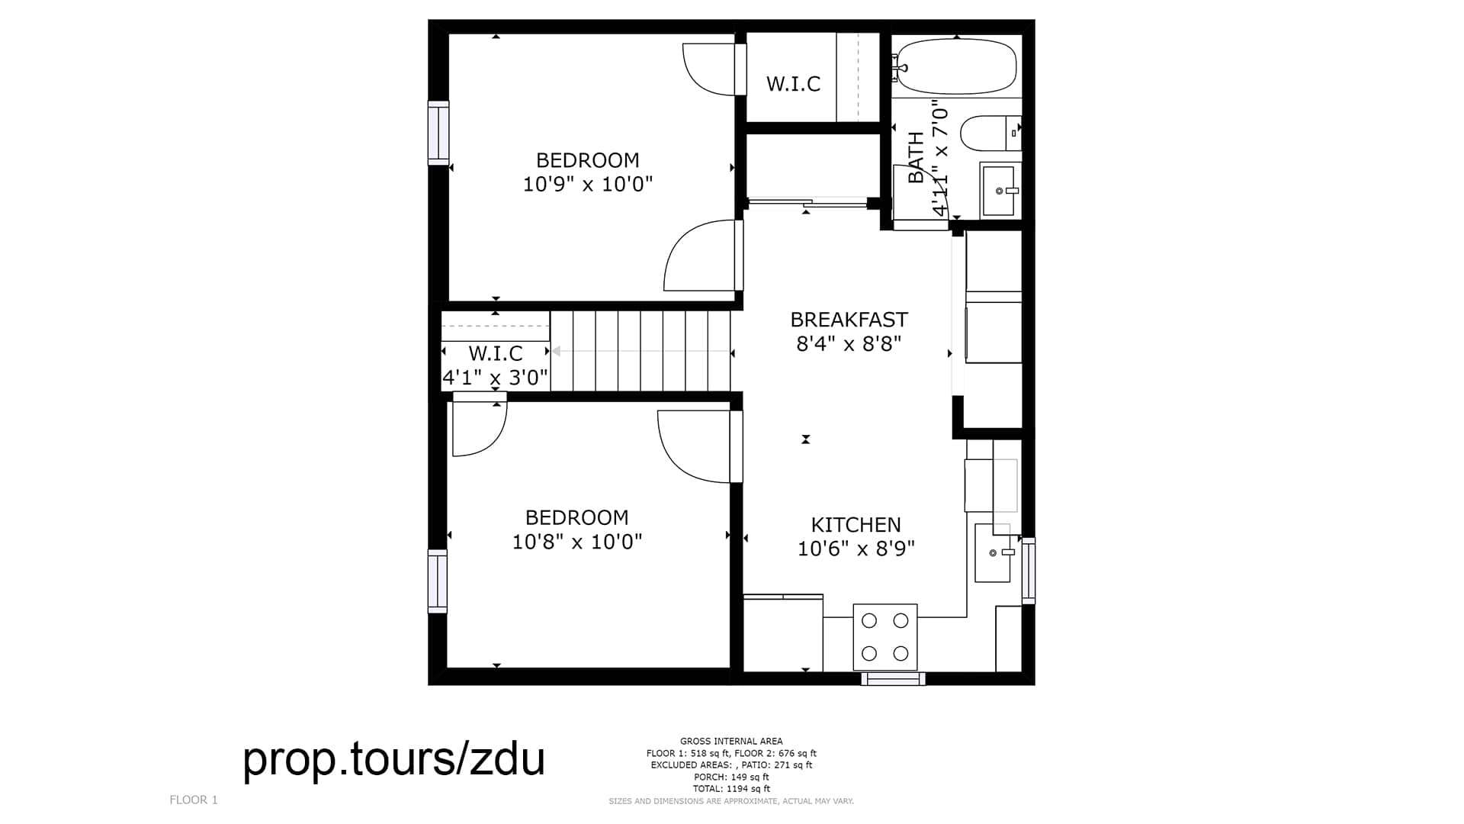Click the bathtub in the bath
point(956,66)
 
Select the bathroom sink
point(998,191)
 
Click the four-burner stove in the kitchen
point(884,636)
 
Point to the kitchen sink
point(994,553)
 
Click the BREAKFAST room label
point(849,320)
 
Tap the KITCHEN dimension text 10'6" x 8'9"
point(856,549)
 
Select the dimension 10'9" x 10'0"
point(587,184)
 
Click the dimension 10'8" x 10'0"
point(576,542)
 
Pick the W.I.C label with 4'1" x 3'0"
point(496,354)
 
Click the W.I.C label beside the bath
point(793,84)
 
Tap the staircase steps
point(640,351)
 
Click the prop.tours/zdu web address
point(393,759)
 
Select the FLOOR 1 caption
point(194,800)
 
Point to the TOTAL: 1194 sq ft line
point(731,789)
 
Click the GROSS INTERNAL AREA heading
point(731,741)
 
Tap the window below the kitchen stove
point(893,678)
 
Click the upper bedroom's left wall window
point(438,133)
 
